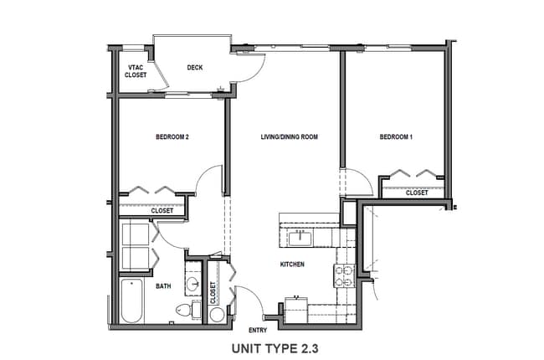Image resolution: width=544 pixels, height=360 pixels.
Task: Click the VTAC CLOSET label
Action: tap(136, 70)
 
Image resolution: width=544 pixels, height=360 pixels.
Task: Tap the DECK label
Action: tap(195, 68)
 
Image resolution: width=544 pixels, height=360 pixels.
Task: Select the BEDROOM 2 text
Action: tap(172, 137)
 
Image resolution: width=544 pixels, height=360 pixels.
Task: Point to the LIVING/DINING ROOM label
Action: tap(290, 137)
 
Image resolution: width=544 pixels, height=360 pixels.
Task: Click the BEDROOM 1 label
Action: tap(396, 137)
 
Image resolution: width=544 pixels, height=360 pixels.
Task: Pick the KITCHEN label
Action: tap(292, 265)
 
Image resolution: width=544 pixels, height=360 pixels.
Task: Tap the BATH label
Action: tap(164, 286)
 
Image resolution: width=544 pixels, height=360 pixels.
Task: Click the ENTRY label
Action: tap(258, 331)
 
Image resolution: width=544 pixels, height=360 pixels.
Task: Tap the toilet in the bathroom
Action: tap(184, 312)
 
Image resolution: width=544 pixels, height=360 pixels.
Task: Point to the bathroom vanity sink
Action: tap(194, 284)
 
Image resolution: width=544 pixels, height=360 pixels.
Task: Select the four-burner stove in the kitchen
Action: tap(344, 273)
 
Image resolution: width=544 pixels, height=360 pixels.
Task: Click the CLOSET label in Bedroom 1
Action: tap(417, 193)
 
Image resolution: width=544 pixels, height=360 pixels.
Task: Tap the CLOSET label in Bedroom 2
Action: tap(162, 210)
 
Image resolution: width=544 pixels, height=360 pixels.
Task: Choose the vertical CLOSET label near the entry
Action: tap(213, 291)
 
